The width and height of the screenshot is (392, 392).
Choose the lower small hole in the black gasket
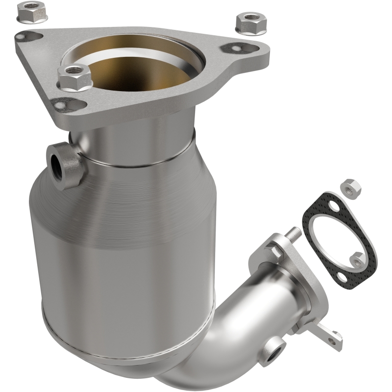click(x=357, y=257)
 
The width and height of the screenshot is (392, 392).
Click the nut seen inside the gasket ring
click(x=357, y=257)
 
